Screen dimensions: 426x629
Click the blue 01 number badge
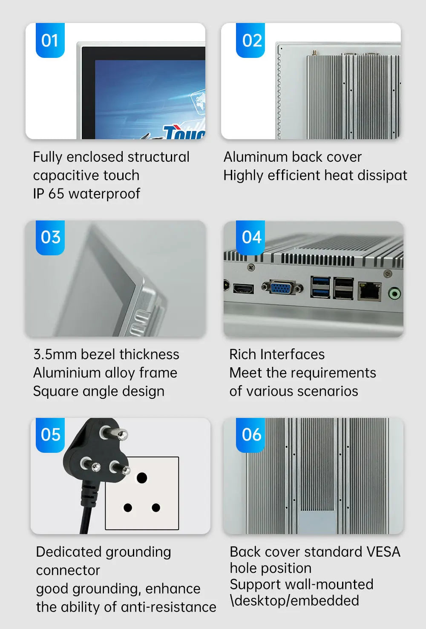(50, 40)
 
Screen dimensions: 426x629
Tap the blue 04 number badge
(250, 237)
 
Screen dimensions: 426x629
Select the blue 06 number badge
(250, 435)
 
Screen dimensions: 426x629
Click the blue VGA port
(282, 287)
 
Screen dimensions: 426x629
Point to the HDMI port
(243, 289)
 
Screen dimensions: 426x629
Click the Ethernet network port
(369, 291)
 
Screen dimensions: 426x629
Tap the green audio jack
(394, 294)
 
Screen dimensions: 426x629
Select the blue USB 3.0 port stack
(320, 287)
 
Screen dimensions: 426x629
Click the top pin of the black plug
(114, 432)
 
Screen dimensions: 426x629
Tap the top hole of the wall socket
(141, 477)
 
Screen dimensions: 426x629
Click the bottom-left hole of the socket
(128, 508)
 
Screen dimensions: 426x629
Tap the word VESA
(383, 552)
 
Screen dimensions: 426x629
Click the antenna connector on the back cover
(315, 52)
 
